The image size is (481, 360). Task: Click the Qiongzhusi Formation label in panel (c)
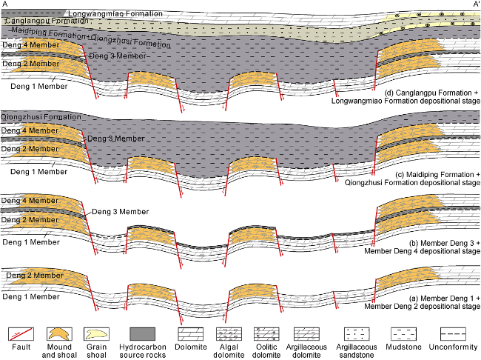(x=41, y=118)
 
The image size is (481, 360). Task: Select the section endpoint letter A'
(x=474, y=4)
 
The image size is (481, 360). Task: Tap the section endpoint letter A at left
(x=7, y=4)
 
